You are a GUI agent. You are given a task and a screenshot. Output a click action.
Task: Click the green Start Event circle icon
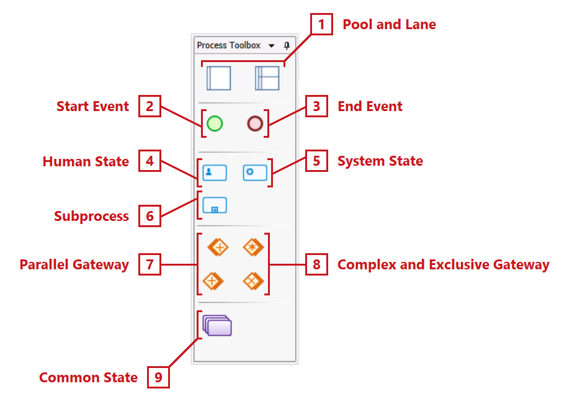[215, 123]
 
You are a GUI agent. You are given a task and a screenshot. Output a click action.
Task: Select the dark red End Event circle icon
[254, 123]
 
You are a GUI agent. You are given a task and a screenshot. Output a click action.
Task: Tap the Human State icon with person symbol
[215, 173]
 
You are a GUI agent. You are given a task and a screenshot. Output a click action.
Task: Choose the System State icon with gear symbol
[254, 173]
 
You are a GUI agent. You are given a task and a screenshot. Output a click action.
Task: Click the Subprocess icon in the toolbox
[215, 205]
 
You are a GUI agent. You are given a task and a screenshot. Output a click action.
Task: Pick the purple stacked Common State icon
[217, 325]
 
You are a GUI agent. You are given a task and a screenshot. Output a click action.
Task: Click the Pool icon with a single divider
[218, 78]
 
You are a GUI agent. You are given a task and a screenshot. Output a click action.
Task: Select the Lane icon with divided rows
[267, 78]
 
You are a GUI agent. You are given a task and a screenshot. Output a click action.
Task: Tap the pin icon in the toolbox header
[287, 45]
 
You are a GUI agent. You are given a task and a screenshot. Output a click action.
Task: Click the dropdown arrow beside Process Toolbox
[272, 46]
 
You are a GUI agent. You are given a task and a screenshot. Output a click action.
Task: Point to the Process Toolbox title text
[228, 45]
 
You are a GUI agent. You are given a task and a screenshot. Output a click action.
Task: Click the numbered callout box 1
[321, 25]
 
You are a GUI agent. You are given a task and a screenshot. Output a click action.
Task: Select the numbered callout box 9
[158, 378]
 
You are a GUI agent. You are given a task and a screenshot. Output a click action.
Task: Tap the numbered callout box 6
[149, 216]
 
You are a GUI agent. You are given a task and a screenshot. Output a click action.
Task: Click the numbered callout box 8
[316, 265]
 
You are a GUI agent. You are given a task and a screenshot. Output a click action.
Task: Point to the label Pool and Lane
[389, 25]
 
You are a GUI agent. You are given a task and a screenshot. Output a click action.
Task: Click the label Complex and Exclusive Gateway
[443, 265]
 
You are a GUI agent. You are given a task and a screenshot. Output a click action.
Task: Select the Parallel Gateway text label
[74, 265]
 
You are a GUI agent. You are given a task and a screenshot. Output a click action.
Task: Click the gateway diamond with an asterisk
[253, 248]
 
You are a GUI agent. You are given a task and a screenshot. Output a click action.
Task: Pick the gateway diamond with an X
[253, 281]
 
